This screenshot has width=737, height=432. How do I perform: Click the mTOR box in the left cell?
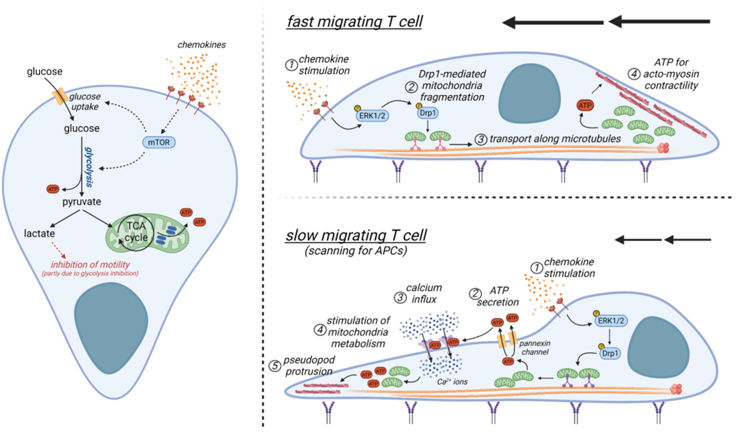pos(159,142)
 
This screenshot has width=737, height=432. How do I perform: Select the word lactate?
pos(39,234)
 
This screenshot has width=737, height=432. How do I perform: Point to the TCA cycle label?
pos(136,231)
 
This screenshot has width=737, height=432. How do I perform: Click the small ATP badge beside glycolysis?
pos(53,189)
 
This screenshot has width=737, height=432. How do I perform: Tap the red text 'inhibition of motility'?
pos(90,265)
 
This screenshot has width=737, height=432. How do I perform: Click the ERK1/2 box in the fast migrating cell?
pos(372,116)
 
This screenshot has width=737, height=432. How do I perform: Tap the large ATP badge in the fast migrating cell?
pos(585,105)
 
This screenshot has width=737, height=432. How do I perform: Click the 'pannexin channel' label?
pos(535,348)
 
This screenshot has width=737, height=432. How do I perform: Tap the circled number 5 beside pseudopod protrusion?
pos(275,366)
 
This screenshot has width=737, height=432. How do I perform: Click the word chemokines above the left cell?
pos(201,45)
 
